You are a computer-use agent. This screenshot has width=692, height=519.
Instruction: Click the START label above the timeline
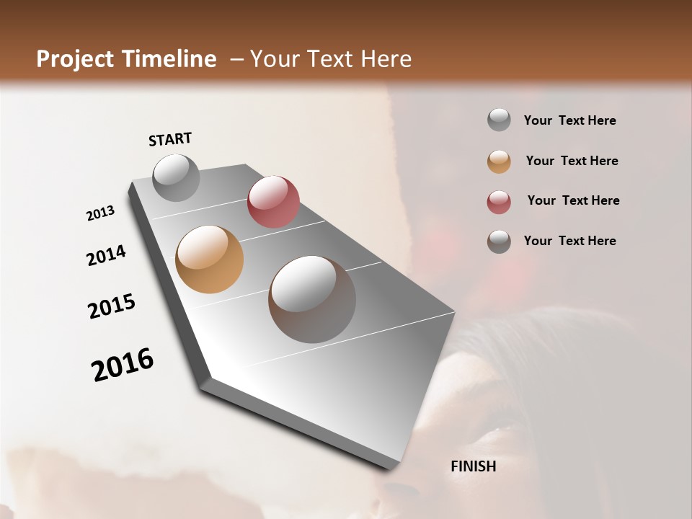click(x=170, y=138)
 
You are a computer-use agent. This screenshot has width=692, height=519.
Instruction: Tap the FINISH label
click(x=474, y=466)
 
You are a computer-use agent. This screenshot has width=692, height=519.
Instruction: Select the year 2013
click(x=101, y=213)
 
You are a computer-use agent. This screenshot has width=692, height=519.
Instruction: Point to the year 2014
click(x=107, y=255)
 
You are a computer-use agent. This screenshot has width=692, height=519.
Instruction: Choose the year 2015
click(x=112, y=306)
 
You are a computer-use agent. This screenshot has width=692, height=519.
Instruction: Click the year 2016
click(x=123, y=365)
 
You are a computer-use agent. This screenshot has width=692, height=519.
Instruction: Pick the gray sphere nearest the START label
click(x=176, y=177)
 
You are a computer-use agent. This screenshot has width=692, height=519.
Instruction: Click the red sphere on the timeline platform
click(x=273, y=202)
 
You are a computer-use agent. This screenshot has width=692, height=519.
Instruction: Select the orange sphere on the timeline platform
click(x=210, y=259)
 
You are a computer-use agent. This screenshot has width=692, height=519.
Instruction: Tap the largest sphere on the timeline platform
click(x=312, y=299)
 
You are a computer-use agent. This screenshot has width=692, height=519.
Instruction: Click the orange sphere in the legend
click(x=499, y=161)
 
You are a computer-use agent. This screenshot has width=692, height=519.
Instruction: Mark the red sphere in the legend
click(x=499, y=202)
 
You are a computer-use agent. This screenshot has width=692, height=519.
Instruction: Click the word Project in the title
click(x=74, y=59)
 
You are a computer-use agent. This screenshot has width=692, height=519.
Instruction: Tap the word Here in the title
click(x=386, y=59)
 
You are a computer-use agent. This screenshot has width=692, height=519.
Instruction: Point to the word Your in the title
click(x=274, y=59)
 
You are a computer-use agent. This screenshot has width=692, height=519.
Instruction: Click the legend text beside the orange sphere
click(x=572, y=161)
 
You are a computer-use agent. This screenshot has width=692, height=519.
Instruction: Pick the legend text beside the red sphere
click(x=573, y=200)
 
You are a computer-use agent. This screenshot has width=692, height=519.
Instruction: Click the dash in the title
click(x=236, y=60)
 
